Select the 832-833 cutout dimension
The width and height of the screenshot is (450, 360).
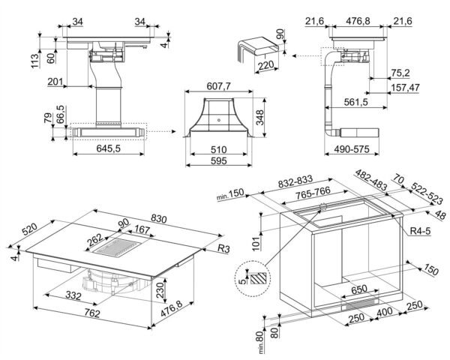point(293,184)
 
